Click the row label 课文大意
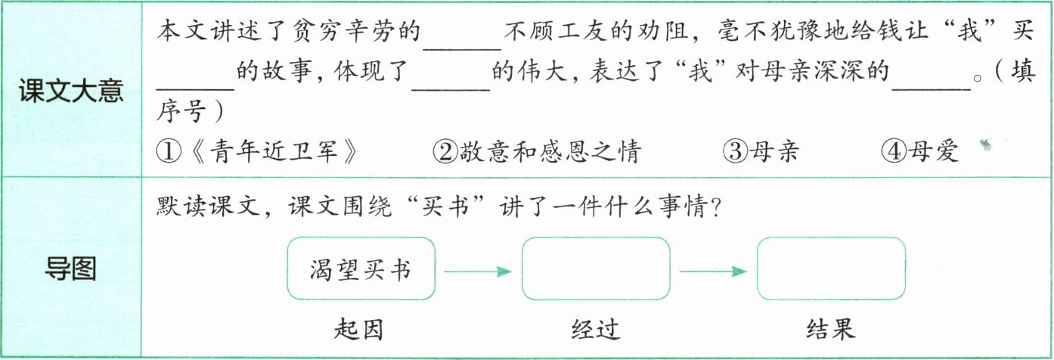coord(73,92)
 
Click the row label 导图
coord(71,268)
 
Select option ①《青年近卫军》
coord(256,151)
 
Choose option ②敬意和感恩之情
coord(536,151)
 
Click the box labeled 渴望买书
coord(361,268)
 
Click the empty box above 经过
coord(596,268)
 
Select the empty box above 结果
coord(830,268)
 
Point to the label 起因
coord(358,329)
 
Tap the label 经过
coord(595,329)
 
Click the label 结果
coord(830,329)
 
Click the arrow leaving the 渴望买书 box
coord(478,271)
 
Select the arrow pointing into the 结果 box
coord(713,271)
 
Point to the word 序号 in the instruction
coord(182,111)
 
